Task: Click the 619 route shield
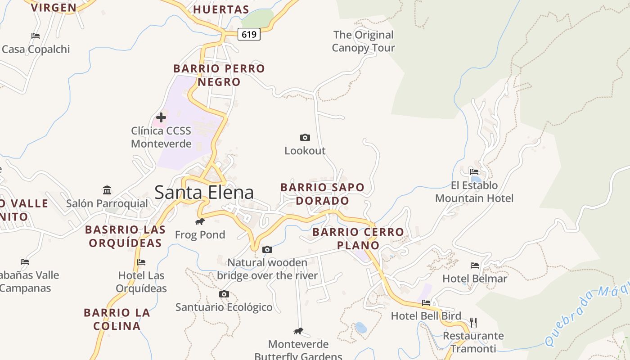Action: [x=249, y=34]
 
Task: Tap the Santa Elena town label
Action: [x=204, y=193]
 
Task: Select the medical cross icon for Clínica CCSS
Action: [x=161, y=117]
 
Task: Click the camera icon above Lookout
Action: [x=305, y=137]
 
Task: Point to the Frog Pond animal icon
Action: [x=200, y=222]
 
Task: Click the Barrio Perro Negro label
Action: [x=219, y=75]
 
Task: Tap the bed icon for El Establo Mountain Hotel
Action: [x=474, y=171]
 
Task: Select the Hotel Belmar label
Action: [x=475, y=279]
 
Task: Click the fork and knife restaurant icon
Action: [x=473, y=322]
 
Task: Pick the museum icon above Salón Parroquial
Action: [x=107, y=190]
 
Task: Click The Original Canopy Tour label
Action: [x=363, y=41]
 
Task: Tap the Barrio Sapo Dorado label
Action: [x=322, y=194]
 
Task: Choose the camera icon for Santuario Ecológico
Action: [x=224, y=294]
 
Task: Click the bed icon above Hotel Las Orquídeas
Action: [x=141, y=262]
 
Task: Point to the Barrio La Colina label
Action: [x=117, y=319]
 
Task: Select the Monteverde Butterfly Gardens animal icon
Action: [x=298, y=331]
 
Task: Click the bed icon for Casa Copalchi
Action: [x=36, y=36]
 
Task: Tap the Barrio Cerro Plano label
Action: [x=358, y=238]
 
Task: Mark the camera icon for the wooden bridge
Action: [x=267, y=249]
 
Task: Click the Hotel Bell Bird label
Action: [x=426, y=316]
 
